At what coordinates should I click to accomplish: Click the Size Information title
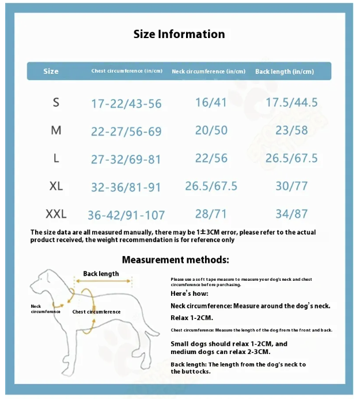tap(179, 34)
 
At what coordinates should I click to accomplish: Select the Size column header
tap(51, 71)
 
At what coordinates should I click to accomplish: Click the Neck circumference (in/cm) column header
tap(209, 71)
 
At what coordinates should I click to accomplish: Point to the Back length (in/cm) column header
tap(285, 71)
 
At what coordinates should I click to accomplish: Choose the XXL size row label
tap(56, 214)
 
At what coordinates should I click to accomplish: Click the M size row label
tap(56, 130)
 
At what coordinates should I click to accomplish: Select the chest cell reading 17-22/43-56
tap(126, 104)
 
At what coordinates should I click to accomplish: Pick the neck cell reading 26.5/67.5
tap(211, 186)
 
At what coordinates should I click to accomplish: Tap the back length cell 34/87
tap(291, 214)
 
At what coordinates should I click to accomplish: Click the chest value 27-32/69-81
tap(126, 159)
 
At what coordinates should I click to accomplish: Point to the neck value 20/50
tap(211, 130)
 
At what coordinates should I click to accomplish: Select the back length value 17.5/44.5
tap(291, 103)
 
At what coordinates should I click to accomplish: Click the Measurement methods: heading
tap(175, 260)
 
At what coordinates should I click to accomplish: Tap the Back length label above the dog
tap(101, 274)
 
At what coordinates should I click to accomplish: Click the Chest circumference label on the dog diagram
tap(97, 312)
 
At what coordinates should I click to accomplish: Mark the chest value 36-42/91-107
tap(126, 215)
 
